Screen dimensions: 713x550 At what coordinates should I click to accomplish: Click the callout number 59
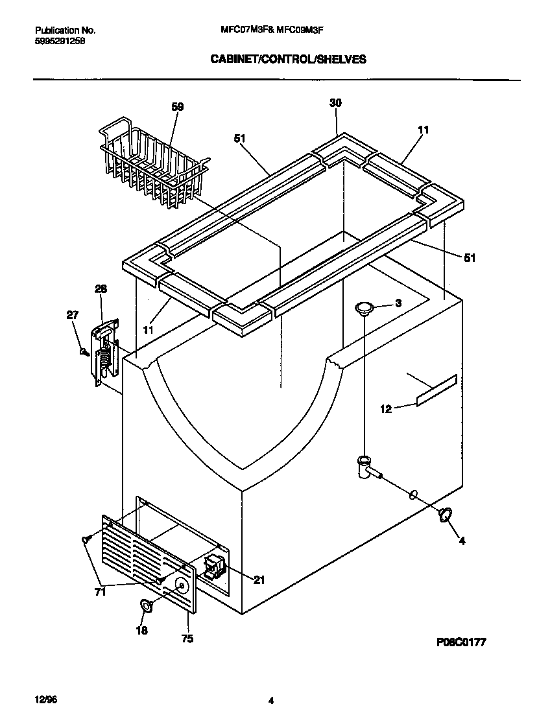(x=177, y=107)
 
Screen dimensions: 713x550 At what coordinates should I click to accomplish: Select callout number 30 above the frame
(x=335, y=103)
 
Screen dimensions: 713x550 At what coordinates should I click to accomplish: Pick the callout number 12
(x=385, y=409)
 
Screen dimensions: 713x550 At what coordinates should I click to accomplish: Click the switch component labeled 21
(x=215, y=566)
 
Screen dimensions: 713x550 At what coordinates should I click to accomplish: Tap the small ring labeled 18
(x=146, y=606)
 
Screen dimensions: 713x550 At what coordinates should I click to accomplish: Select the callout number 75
(x=188, y=638)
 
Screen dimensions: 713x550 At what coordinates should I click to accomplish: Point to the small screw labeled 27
(x=83, y=352)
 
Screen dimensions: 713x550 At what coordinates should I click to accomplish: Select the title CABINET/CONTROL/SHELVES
(x=287, y=59)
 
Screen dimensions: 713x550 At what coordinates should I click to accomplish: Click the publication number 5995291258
(x=60, y=40)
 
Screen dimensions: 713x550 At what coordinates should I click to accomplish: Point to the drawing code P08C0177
(x=461, y=642)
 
